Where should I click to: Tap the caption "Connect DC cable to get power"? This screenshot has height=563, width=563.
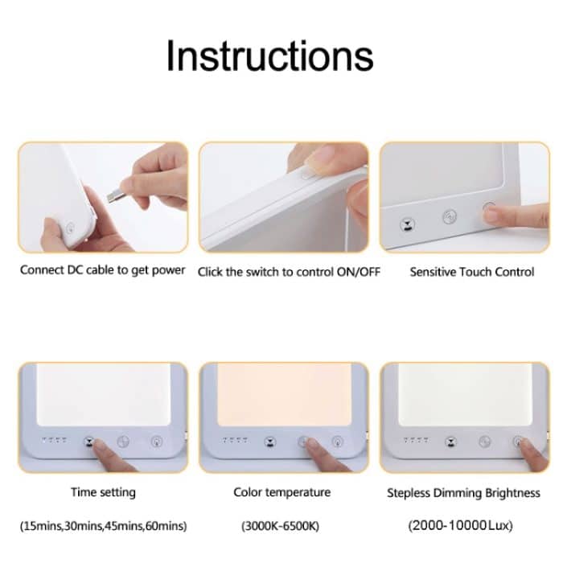click(x=102, y=270)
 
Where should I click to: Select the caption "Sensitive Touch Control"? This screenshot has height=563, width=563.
click(x=471, y=272)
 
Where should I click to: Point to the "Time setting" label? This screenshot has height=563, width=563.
click(x=103, y=491)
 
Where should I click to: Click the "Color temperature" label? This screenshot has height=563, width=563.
click(x=281, y=491)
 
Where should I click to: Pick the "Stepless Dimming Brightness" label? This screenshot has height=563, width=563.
click(x=463, y=492)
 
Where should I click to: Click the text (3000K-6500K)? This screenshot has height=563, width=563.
click(x=281, y=526)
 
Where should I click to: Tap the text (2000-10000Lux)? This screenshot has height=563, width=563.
click(x=460, y=526)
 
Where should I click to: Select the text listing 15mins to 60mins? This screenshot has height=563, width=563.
click(x=102, y=526)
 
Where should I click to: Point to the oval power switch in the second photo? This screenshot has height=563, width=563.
click(x=306, y=173)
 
